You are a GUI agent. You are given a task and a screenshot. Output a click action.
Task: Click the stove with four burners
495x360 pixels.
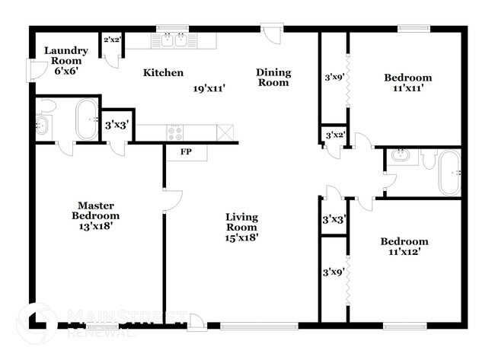[175, 132]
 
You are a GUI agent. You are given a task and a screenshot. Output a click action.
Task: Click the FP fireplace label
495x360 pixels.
[186, 151]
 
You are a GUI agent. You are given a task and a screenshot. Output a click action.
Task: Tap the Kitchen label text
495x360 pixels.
[163, 73]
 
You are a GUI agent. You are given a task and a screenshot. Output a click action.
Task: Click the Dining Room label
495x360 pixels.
[273, 78]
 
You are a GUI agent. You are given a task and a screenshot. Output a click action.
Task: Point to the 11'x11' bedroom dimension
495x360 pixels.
[407, 88]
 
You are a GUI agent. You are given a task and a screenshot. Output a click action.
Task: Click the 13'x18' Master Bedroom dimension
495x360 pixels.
[96, 226]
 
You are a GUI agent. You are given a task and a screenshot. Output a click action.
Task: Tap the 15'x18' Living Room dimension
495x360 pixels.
[241, 237]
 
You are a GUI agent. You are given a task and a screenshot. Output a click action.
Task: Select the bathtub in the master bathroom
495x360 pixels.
[86, 120]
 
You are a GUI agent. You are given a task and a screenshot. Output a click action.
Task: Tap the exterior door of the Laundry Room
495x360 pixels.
[31, 71]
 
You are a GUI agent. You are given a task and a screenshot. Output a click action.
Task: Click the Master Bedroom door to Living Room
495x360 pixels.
[172, 199]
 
